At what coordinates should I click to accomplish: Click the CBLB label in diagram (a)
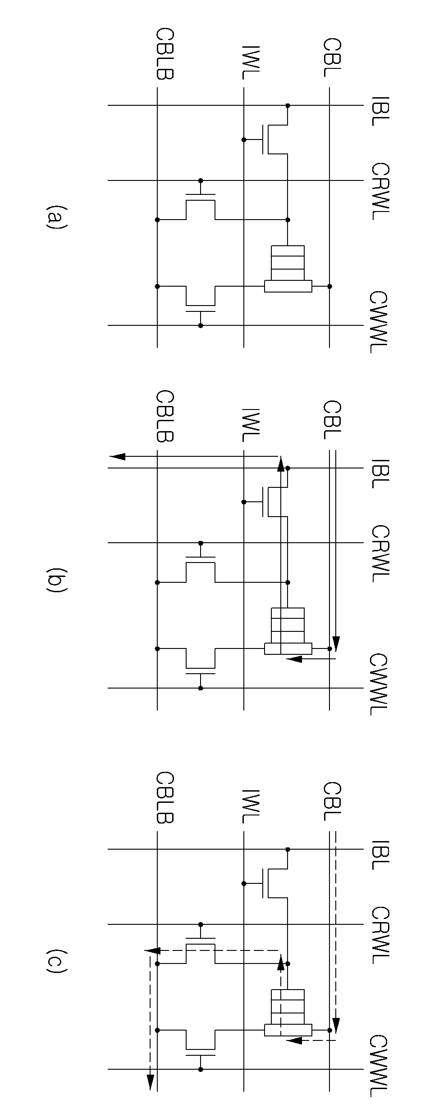[x=165, y=54]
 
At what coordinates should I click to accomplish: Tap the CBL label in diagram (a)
[x=332, y=58]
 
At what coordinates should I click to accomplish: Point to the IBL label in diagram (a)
[x=380, y=109]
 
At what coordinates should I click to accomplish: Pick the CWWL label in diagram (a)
[x=378, y=322]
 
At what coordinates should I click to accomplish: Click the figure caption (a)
[x=56, y=217]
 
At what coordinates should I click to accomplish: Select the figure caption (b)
[x=56, y=581]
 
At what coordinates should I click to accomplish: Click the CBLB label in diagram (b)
[x=165, y=416]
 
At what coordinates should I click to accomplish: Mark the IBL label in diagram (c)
[x=380, y=853]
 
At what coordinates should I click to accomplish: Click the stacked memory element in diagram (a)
[x=288, y=269]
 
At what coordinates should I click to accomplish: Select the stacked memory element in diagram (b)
[x=288, y=631]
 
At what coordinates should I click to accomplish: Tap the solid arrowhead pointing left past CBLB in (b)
[x=118, y=457]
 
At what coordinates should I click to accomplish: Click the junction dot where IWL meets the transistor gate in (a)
[x=244, y=140]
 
